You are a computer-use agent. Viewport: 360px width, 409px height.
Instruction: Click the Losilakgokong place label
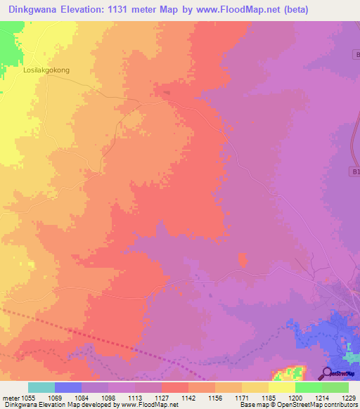47,70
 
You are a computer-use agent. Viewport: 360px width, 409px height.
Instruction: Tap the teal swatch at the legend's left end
41,387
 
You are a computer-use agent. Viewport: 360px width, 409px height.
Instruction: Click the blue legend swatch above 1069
68,387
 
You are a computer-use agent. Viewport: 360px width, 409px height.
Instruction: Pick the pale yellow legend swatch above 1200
282,387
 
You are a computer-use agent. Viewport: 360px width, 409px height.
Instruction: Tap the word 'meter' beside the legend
10,398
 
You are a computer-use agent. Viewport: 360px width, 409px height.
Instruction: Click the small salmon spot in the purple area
243,260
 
